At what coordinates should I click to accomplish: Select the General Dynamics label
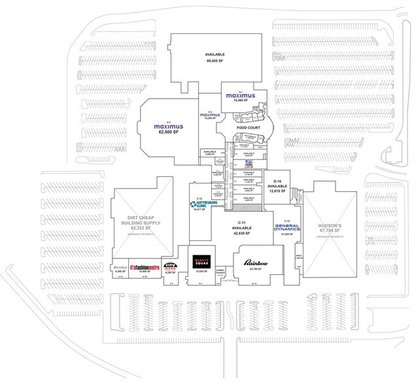pyautogui.click(x=287, y=229)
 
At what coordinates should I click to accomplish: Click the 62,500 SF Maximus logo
pyautogui.click(x=167, y=125)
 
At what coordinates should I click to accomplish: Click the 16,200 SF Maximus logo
pyautogui.click(x=211, y=115)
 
